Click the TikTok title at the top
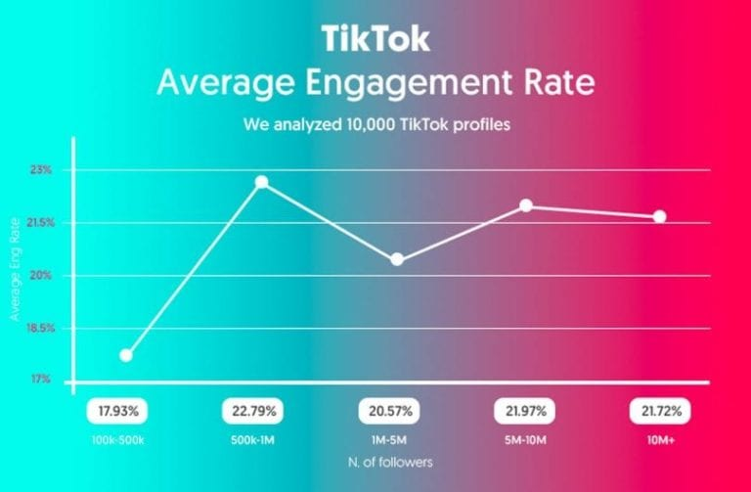[375, 39]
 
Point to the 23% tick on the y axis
[41, 170]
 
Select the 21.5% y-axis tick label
[39, 223]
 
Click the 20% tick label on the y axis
[41, 275]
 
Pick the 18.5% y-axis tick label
[39, 328]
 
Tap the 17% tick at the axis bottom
[41, 380]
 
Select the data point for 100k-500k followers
[126, 355]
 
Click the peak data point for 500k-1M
[261, 182]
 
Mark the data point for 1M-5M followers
[397, 259]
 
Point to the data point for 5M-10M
[526, 205]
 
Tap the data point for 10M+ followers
[659, 216]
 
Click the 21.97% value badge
[526, 409]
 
